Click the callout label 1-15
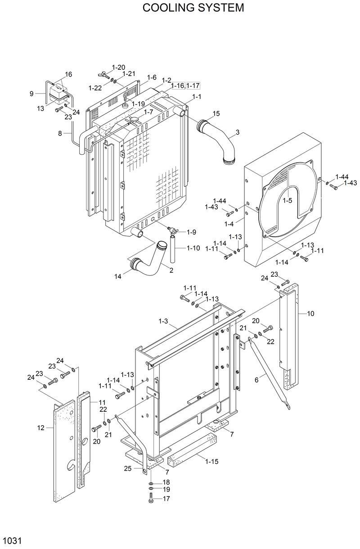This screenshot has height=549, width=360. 212,461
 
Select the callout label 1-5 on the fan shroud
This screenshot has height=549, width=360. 287,200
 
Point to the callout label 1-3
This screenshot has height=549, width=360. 163,321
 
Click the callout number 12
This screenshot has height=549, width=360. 41,427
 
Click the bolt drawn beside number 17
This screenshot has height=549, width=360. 151,499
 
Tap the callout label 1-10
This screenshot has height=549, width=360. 193,248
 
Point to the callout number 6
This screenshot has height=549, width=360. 256,380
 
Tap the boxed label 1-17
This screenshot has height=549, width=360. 193,85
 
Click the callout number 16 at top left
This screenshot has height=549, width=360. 68,74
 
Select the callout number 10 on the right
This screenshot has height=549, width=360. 310,314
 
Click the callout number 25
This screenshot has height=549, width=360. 128,468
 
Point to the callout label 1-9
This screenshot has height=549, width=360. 191,232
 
